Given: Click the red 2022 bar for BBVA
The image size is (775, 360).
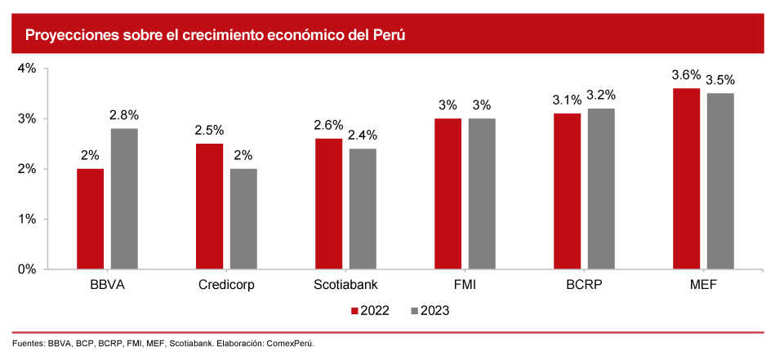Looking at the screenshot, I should [x=90, y=219].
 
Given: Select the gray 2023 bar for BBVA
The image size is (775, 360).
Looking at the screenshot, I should [x=124, y=198].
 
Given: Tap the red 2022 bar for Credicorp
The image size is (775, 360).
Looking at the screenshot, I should [x=209, y=206].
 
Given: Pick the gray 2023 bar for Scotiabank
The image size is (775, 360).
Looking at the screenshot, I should [x=363, y=208].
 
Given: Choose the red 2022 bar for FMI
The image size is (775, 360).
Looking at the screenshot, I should [x=448, y=193].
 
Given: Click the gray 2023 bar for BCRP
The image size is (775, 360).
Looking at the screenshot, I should [x=601, y=189].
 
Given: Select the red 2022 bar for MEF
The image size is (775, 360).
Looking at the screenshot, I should [x=686, y=178].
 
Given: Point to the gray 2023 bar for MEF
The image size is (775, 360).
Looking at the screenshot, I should [x=720, y=180].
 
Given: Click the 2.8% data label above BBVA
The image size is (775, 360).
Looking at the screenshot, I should [x=124, y=115].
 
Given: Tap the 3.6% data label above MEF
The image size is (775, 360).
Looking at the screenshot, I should [x=686, y=75].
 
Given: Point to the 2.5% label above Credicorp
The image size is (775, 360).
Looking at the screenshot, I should [x=209, y=130].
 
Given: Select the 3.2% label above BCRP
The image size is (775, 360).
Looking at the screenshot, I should [x=601, y=95].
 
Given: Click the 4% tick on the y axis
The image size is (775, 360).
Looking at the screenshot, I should [x=27, y=69].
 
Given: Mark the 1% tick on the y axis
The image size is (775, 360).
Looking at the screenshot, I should [x=27, y=219].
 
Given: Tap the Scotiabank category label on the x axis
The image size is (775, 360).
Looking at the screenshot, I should [x=345, y=286].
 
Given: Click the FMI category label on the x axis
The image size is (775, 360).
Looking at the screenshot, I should [x=465, y=286].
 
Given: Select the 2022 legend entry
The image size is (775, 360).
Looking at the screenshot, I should [x=369, y=310].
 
